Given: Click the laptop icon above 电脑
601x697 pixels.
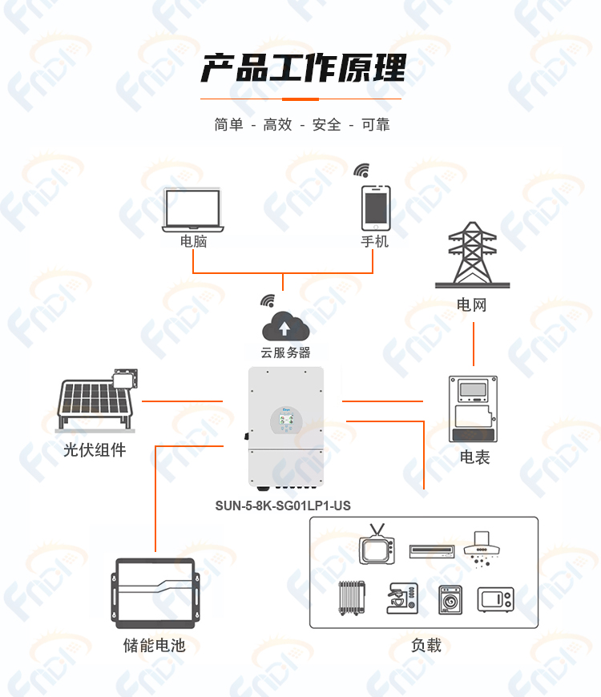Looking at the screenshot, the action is pos(193,210).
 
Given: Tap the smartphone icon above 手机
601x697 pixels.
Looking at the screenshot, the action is pos(376,208).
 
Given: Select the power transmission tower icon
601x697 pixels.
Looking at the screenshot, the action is pos(472,255).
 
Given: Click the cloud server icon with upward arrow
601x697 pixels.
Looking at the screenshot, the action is pos(285,326).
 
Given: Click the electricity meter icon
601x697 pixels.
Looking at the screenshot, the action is pos(473,409).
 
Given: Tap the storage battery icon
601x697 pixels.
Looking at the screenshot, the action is pos(155,593).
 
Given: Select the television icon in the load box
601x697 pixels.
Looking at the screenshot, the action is pos(377,545).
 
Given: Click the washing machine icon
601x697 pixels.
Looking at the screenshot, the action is pos(450,600).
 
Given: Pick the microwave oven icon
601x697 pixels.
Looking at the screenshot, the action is pos(496,599).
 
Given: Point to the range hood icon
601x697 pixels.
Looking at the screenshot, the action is pos(482,549).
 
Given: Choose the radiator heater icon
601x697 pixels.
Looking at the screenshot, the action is pos(352,598).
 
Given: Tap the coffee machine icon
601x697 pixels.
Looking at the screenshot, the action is pos(401,598).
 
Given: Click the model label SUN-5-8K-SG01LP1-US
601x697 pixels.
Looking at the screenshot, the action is pos(283,506).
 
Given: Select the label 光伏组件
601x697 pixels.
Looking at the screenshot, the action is pos(95,450).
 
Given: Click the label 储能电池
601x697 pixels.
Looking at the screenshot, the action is pos(154,645).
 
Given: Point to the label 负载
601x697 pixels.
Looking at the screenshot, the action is pos(426,645).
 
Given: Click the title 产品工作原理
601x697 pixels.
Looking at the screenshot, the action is pos(303,68).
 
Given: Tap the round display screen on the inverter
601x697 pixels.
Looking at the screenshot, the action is pos(286,420).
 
